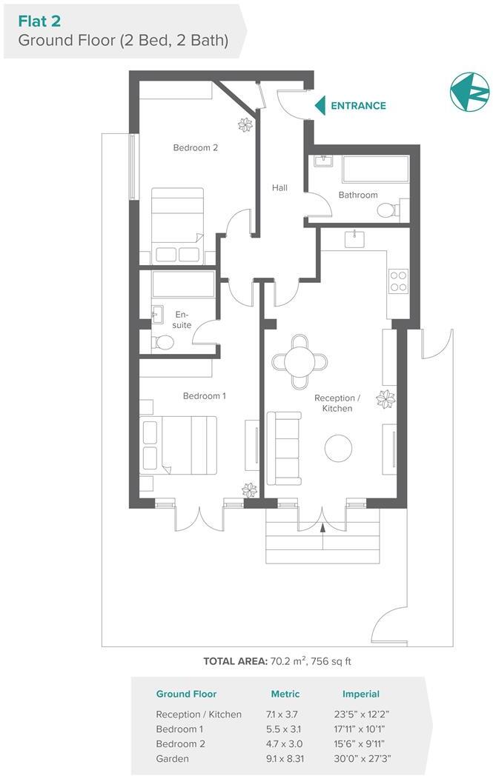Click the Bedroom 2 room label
point(195,147)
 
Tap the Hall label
point(279,188)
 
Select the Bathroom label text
point(358,195)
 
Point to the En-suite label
point(182,320)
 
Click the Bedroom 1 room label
point(204,396)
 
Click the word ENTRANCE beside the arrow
point(358,106)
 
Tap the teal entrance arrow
point(320,106)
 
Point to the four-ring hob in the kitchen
point(398,281)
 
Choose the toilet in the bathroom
point(388,210)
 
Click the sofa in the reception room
point(282,444)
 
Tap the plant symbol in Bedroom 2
point(245,125)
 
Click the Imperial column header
point(361,694)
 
